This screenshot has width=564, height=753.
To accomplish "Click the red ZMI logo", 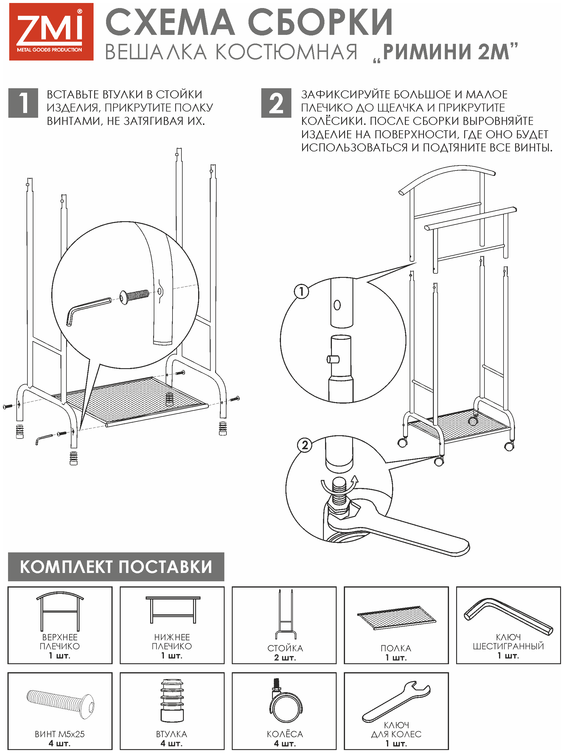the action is [51, 32].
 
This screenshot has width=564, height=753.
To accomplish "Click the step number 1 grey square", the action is [23, 103].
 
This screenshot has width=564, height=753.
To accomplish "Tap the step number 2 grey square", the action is [276, 103].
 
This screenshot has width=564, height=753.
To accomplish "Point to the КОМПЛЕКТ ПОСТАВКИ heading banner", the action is [116, 567].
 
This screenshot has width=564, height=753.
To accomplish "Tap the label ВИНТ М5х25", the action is [60, 734].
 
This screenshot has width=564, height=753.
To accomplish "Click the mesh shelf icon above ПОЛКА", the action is [396, 618].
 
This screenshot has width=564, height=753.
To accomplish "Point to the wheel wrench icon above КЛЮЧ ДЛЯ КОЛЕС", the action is [396, 701].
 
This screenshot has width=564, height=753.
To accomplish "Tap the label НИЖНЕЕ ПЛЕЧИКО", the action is [172, 642].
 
